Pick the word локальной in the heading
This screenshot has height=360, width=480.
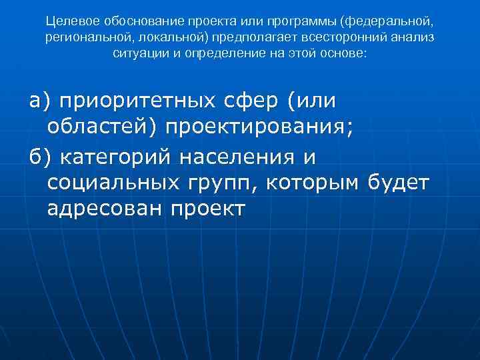click(163, 37)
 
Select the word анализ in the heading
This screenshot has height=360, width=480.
click(412, 37)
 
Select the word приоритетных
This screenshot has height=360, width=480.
click(137, 101)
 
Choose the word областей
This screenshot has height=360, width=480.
click(100, 126)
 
